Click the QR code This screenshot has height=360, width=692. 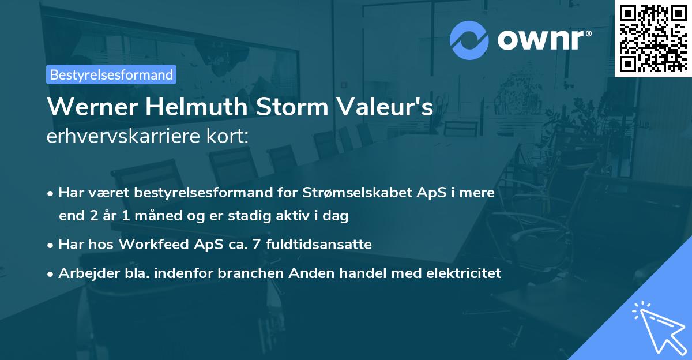[653, 38]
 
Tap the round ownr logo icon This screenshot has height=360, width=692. [469, 40]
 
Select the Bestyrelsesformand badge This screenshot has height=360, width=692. [111, 74]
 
